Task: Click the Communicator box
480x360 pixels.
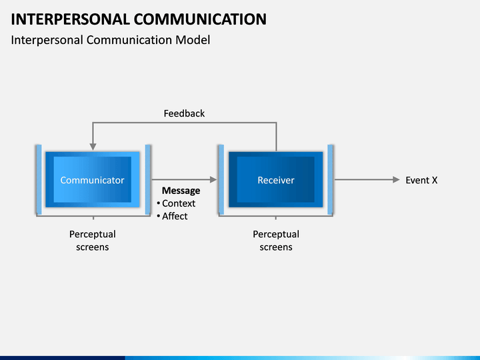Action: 93,179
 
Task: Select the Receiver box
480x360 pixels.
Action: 275,179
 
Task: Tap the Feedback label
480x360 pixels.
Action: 184,113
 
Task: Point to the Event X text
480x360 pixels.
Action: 421,180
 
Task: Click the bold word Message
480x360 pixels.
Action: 181,191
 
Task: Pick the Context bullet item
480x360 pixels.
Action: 176,203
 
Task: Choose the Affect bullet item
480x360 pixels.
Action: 172,216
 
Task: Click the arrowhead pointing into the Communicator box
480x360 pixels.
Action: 93,147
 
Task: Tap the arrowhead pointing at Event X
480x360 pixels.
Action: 396,180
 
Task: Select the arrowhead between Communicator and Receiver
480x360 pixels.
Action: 213,180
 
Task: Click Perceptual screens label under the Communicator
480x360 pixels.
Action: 93,241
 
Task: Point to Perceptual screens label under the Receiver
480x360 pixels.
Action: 276,241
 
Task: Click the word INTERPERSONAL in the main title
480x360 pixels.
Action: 71,19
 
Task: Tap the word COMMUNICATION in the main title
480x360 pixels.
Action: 200,19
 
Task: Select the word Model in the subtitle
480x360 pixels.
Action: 193,40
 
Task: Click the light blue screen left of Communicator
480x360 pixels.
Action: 39,179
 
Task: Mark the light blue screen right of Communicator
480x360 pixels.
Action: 148,179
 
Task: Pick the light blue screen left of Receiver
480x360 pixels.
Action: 221,179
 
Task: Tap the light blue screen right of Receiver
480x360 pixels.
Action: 330,179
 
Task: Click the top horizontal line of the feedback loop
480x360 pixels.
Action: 185,123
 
